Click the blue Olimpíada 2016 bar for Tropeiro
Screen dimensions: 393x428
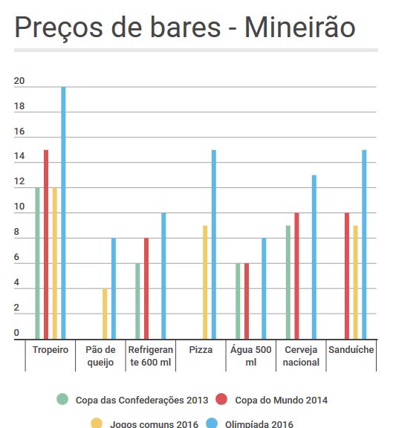[63, 213]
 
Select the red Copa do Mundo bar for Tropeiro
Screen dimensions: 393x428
[46, 244]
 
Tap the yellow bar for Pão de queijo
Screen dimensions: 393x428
[105, 314]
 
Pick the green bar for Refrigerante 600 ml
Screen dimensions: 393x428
[138, 302]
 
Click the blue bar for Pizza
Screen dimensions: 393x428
[214, 244]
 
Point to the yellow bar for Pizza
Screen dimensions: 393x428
[205, 282]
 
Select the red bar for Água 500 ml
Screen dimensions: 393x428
[247, 302]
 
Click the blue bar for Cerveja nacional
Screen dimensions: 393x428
[314, 257]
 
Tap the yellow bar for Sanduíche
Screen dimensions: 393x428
[356, 282]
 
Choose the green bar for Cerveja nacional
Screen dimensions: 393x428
[288, 282]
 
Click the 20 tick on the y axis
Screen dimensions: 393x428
[19, 81]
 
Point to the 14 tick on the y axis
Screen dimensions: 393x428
[19, 156]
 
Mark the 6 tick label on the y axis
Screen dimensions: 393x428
[16, 257]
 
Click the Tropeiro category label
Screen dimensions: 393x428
[51, 350]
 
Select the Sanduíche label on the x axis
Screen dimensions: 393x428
[351, 350]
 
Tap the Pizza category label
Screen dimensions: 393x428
[201, 350]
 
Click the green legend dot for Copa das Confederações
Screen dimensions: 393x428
[62, 399]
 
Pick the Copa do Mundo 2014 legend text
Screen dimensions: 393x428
[282, 401]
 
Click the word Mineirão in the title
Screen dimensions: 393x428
[300, 27]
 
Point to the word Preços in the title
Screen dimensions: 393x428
[59, 28]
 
